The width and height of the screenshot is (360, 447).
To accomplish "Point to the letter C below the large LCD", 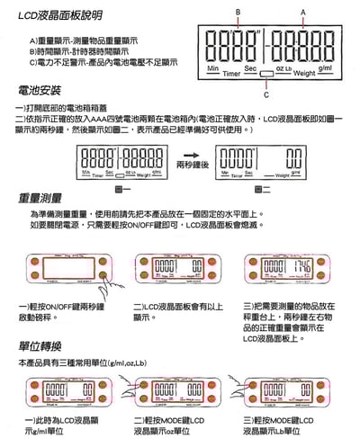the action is [265, 94].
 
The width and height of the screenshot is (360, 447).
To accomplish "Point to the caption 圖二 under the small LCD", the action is [259, 189].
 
